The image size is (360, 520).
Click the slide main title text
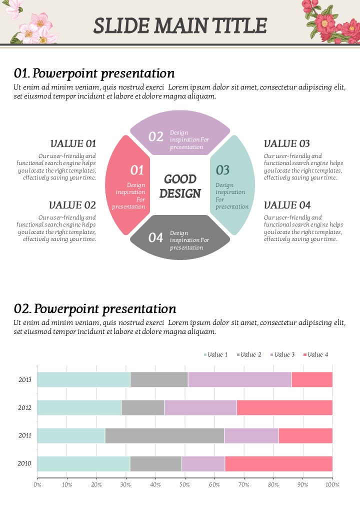(x=180, y=25)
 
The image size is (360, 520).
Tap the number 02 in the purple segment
(x=156, y=136)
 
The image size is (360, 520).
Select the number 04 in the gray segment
(x=155, y=237)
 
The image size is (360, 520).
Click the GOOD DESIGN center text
(x=180, y=186)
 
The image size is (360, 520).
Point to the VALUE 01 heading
(x=73, y=144)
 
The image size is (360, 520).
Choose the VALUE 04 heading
(x=287, y=205)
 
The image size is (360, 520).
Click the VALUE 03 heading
(x=287, y=144)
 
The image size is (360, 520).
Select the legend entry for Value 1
(x=215, y=354)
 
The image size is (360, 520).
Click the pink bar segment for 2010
(x=278, y=463)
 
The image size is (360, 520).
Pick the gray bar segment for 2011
(x=164, y=435)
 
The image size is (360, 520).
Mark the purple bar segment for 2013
(x=239, y=379)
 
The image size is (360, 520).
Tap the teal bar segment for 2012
(x=79, y=407)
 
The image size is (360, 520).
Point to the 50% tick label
(x=185, y=484)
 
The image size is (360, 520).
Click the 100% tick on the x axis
(x=332, y=484)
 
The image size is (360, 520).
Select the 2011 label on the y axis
(x=25, y=435)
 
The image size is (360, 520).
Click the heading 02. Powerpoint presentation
(x=95, y=308)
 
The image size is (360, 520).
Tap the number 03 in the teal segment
(x=222, y=170)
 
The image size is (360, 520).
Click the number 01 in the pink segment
(x=137, y=170)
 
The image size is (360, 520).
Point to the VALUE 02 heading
(x=72, y=205)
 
